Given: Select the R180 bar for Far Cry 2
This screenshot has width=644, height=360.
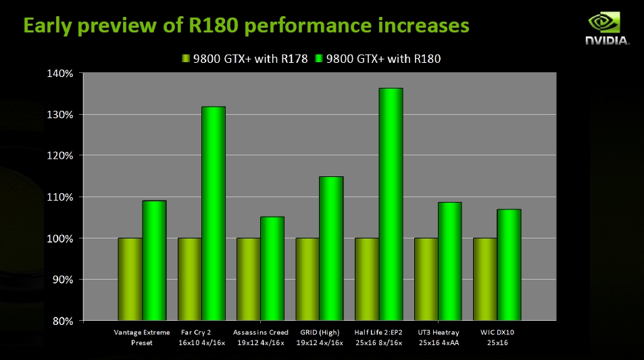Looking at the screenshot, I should pos(213,213).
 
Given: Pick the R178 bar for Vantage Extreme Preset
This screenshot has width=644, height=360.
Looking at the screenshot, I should pos(130,279).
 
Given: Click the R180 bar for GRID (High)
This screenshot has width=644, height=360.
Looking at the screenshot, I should pos(331,248).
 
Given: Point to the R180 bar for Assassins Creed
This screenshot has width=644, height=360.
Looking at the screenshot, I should pos(272,268).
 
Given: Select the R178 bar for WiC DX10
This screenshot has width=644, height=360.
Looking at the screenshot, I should pos(485,279).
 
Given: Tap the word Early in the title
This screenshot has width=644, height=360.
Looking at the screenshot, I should pos(47,26).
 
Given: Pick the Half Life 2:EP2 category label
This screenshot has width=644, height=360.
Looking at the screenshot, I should pos(378,337).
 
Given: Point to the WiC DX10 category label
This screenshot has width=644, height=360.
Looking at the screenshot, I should pos(497,337).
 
